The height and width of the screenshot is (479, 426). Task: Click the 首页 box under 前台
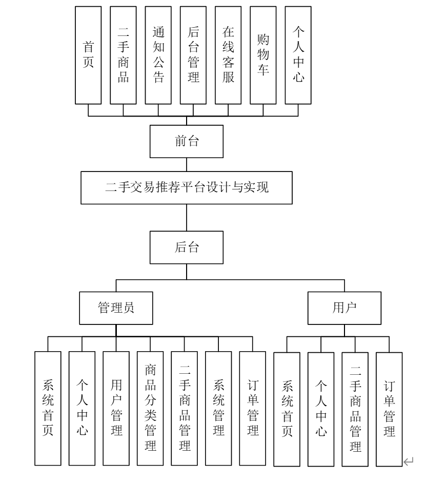89,55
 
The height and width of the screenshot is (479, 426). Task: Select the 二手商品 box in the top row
124,55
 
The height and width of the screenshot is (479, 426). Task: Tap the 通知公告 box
158,55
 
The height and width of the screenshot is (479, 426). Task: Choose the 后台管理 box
193,55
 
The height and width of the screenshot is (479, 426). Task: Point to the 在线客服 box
228,55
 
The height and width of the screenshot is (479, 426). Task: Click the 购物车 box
263,55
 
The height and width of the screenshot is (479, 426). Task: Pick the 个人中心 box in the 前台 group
298,55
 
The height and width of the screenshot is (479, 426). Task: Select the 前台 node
187,142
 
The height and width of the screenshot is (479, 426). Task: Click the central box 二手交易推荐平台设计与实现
187,188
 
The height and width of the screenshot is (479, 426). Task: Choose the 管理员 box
116,309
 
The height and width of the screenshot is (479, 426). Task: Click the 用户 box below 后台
344,309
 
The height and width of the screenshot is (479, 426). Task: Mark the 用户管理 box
116,408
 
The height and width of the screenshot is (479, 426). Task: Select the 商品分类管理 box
150,408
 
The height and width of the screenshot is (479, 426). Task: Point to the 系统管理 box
218,408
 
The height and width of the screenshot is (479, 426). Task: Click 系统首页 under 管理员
48,408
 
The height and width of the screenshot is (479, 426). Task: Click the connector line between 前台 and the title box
187,165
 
